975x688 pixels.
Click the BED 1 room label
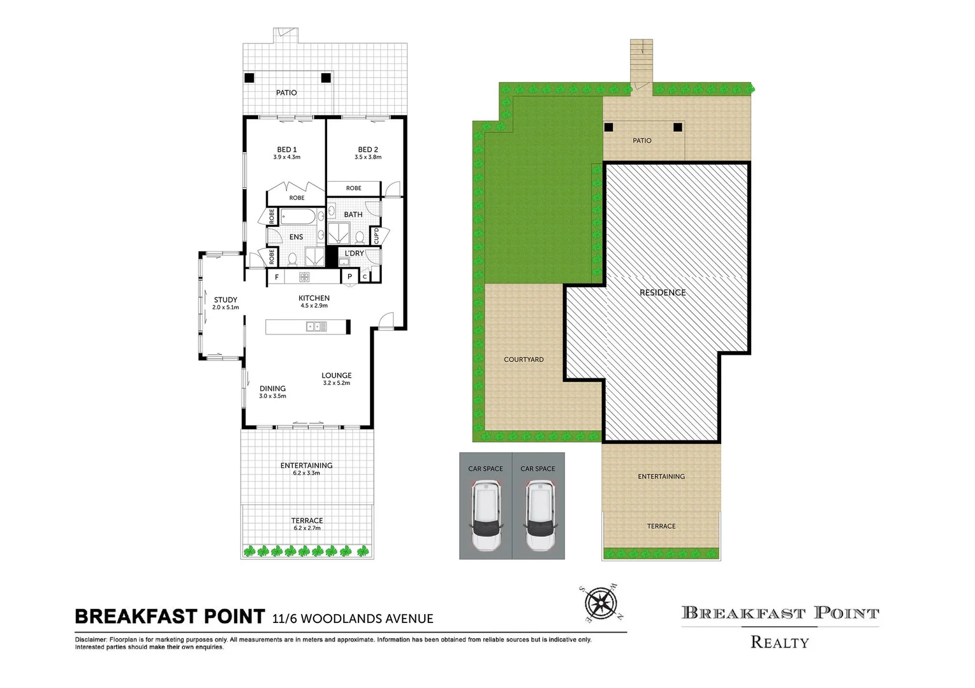point(286,150)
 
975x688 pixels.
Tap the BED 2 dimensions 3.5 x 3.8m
point(368,157)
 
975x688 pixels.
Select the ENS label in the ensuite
point(296,237)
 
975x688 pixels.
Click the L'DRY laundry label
point(354,254)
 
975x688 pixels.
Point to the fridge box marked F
point(277,277)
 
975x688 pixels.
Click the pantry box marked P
point(349,277)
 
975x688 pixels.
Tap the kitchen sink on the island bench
point(316,327)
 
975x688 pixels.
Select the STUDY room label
point(225,299)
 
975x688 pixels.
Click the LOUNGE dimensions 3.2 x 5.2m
point(336,383)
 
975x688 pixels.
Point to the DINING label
point(272,388)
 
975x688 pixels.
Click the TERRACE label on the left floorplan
point(307,520)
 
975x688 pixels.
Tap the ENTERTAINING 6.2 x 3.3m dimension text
point(306,473)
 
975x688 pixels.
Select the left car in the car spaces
point(486,516)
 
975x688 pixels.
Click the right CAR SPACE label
point(538,469)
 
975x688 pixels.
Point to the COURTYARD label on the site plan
point(524,359)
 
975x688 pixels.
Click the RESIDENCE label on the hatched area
point(663,292)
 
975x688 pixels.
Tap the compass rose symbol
point(601,603)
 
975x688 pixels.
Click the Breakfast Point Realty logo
point(780,627)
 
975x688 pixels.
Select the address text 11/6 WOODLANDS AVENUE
point(353,619)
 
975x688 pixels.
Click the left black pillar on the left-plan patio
point(249,78)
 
